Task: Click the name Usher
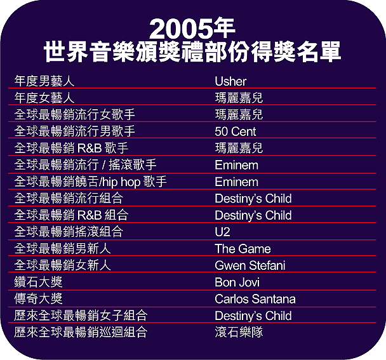(230, 81)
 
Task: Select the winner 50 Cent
(236, 131)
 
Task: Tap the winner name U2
(223, 232)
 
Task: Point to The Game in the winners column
(243, 249)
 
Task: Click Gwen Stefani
(250, 265)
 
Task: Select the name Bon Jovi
(237, 282)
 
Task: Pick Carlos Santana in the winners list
(255, 299)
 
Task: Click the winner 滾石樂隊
(239, 332)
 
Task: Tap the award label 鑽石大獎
(38, 282)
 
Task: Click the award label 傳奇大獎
(38, 298)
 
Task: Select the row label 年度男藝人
(44, 81)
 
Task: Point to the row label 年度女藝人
(44, 98)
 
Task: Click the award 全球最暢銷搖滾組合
(69, 232)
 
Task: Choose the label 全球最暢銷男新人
(62, 248)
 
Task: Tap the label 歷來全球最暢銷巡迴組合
(81, 332)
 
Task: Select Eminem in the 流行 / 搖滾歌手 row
(237, 165)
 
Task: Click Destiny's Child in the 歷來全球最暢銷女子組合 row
(253, 316)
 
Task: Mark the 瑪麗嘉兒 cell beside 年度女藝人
(239, 98)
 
